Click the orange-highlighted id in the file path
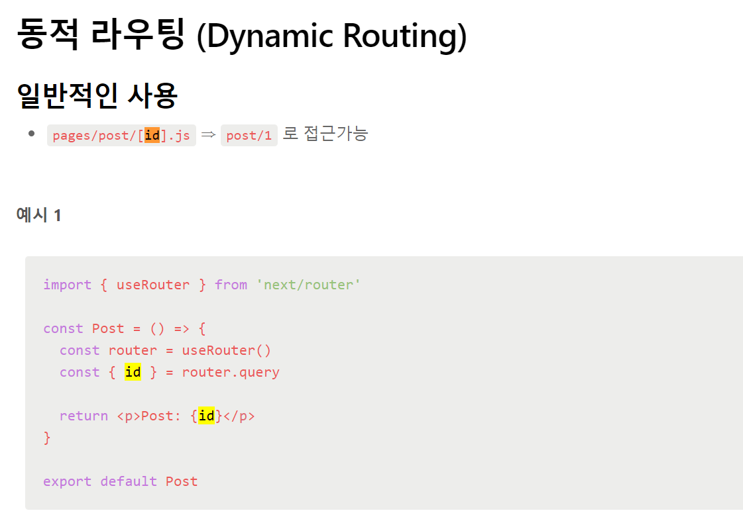pos(152,136)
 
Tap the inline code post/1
pos(249,136)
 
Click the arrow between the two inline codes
pos(208,135)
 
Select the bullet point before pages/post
pos(31,134)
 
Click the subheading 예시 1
pos(38,215)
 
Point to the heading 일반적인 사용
pos(97,96)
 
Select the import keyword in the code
pos(67,285)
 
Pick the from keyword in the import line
pos(231,285)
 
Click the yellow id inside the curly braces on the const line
pos(133,372)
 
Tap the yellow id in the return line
pos(206,416)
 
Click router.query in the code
pos(231,372)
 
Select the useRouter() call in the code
pos(227,350)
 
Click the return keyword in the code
pos(84,416)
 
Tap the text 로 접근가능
pos(325,134)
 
